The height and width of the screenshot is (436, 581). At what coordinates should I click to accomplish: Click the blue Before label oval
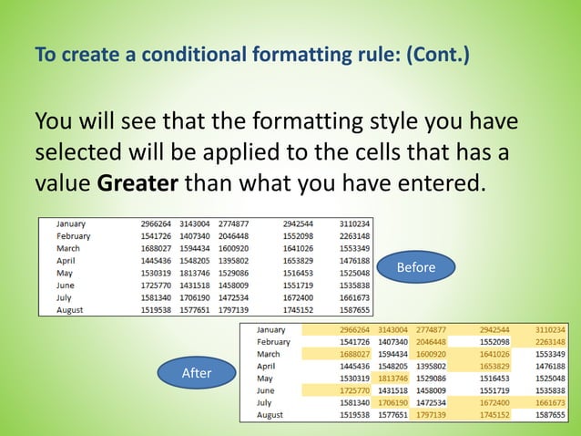(416, 267)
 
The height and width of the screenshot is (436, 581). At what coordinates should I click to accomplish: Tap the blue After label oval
(197, 372)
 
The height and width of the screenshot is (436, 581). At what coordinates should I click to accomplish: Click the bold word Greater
(138, 182)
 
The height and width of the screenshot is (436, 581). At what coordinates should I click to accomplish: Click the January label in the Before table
(71, 223)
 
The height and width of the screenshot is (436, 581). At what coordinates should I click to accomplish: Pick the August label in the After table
(270, 415)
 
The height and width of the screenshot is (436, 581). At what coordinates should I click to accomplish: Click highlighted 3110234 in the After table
(550, 330)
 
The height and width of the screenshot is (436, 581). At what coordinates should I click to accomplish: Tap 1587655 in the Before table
(354, 310)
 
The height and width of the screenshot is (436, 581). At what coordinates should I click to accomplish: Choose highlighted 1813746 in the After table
(393, 379)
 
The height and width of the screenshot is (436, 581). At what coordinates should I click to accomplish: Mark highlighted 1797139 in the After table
(431, 415)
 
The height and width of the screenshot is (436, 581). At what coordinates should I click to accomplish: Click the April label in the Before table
(66, 261)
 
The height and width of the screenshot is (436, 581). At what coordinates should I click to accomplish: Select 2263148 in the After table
(550, 342)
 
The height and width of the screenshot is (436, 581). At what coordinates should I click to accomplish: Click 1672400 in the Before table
(299, 297)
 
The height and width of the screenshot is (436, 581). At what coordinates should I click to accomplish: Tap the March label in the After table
(269, 354)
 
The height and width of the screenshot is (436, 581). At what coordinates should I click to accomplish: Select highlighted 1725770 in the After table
(355, 390)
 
